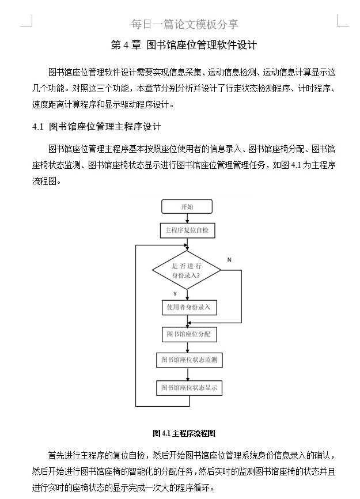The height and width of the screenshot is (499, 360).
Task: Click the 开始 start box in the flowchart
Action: click(x=187, y=207)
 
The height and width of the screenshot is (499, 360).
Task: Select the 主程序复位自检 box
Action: click(x=187, y=230)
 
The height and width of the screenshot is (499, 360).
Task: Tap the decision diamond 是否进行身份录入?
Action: click(x=187, y=270)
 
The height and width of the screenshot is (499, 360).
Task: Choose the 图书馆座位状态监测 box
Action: click(x=189, y=360)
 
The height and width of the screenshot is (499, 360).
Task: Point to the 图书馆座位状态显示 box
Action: click(x=189, y=388)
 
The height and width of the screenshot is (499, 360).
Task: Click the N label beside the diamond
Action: click(x=229, y=260)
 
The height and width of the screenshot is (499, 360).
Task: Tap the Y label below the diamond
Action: click(x=175, y=294)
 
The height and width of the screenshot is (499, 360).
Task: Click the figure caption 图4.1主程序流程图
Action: click(x=184, y=433)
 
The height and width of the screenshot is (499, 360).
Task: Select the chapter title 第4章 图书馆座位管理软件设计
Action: click(x=184, y=45)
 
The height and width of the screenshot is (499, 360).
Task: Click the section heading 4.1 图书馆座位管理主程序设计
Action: click(x=97, y=126)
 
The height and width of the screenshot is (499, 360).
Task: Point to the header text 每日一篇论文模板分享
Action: click(x=184, y=24)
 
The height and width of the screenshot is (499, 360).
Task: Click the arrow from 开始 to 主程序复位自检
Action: click(x=187, y=219)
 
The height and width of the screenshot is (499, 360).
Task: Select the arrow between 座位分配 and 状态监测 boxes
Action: click(x=188, y=347)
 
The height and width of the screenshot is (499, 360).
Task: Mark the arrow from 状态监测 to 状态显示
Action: click(x=188, y=374)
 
